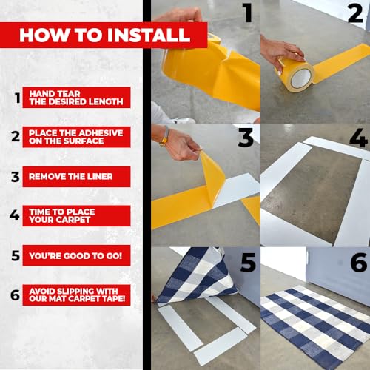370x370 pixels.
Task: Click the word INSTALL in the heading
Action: [x=149, y=35]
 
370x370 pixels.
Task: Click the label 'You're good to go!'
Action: [x=76, y=255]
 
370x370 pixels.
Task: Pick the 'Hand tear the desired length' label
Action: [x=76, y=98]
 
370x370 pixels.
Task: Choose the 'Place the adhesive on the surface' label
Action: [x=76, y=137]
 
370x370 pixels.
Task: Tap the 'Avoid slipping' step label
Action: [x=76, y=295]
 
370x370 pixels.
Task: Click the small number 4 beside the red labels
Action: [x=15, y=215]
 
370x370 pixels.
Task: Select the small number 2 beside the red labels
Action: [x=16, y=136]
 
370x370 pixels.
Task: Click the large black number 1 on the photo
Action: [x=247, y=13]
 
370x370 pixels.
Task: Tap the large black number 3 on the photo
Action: [x=246, y=138]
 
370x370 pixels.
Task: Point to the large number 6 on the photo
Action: [x=359, y=263]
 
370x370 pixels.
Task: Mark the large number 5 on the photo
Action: [x=248, y=263]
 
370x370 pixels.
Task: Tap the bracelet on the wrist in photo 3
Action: [x=164, y=135]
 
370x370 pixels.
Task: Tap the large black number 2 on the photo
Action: [x=355, y=13]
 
